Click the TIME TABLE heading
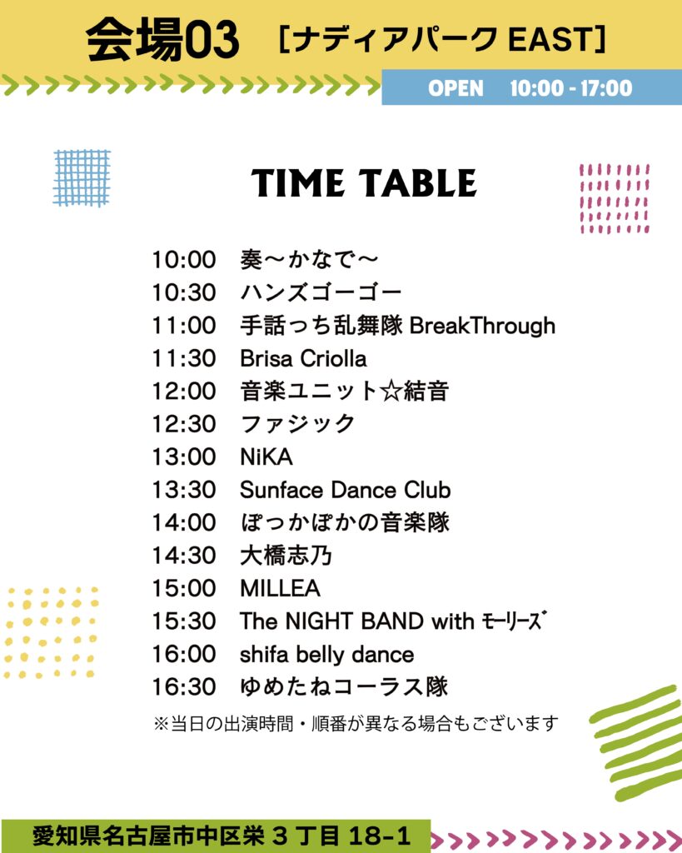pos(363,182)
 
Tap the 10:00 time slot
pos(184,260)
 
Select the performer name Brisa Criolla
pos(303,358)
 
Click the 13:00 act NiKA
pos(266,457)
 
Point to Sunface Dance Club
pos(346,490)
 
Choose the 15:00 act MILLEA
pos(280,588)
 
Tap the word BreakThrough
pos(482,326)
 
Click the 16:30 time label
pos(184,686)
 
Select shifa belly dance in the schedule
pos(327,655)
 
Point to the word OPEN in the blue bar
pos(455,88)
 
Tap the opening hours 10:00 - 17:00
pos(571,88)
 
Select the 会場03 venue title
pos(162,39)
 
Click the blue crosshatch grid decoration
pos(82,178)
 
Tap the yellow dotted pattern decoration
pos(52,633)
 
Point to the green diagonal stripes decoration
pos(635,742)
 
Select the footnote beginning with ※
pos(356,724)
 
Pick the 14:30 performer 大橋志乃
pos(286,556)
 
